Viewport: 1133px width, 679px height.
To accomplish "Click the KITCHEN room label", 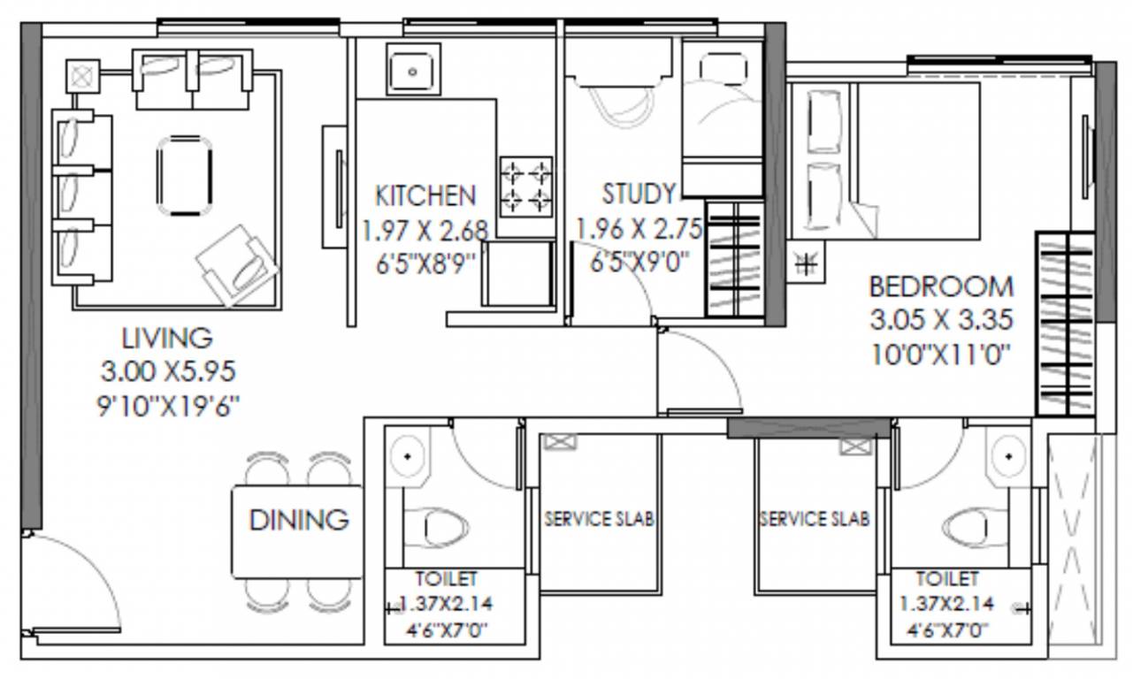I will click(425, 195).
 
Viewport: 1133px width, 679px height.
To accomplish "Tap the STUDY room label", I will click(639, 194).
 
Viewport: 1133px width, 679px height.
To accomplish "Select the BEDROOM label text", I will click(940, 286).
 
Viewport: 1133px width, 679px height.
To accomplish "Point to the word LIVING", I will click(167, 337).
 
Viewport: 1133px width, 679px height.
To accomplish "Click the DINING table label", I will click(298, 520).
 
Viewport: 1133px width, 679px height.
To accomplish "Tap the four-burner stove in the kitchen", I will click(526, 187).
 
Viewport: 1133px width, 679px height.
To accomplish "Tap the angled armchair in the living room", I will click(234, 263).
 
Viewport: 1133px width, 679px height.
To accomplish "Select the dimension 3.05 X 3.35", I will click(940, 320).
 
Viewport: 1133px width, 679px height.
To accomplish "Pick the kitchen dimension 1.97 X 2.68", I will click(425, 231).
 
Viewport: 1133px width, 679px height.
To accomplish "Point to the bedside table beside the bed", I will click(807, 262).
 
